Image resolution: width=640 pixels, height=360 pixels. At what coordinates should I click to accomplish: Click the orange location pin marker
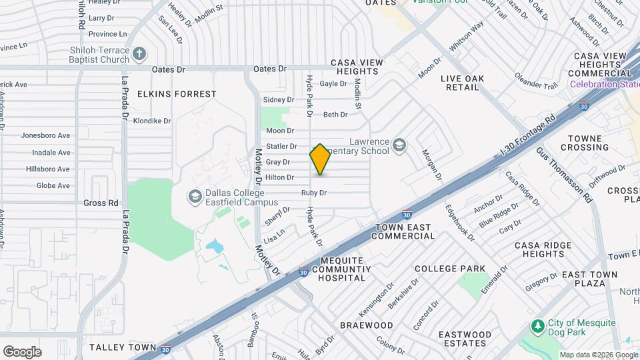(x=320, y=159)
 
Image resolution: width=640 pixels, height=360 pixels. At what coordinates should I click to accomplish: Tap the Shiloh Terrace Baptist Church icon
(x=139, y=53)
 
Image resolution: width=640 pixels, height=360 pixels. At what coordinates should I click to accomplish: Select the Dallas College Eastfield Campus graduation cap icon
(x=195, y=195)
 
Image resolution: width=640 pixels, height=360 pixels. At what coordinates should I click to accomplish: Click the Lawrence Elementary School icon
(x=399, y=145)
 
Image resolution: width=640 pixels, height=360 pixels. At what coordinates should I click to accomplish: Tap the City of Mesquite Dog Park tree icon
(x=537, y=326)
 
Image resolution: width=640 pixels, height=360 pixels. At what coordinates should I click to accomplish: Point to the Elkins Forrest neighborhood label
(x=177, y=94)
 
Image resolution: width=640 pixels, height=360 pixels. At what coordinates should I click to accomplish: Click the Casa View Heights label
(x=357, y=67)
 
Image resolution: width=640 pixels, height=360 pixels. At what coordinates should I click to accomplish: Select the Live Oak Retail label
(x=472, y=83)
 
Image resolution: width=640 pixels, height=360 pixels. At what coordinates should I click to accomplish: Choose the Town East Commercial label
(x=404, y=231)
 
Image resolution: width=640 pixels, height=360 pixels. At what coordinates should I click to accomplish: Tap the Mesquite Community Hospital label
(x=342, y=269)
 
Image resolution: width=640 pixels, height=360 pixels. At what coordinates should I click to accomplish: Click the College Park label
(x=450, y=269)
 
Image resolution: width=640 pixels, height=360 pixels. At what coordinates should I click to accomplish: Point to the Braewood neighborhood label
(x=366, y=325)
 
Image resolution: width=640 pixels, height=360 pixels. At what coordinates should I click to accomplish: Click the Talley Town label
(x=122, y=347)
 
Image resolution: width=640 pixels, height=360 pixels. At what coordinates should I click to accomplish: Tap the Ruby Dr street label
(x=313, y=193)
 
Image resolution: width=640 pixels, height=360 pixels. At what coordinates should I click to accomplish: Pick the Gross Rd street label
(x=101, y=203)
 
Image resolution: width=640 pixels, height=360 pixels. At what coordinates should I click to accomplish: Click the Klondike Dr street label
(x=152, y=121)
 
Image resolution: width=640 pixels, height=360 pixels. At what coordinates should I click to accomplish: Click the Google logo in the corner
(x=22, y=351)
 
